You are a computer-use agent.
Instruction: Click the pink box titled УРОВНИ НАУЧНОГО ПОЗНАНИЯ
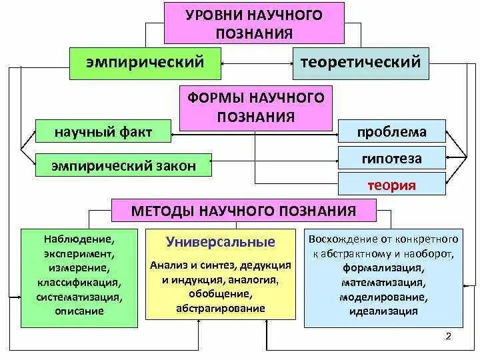(254, 23)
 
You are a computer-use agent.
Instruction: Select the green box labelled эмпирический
(145, 63)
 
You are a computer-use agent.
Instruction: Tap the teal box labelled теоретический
(361, 63)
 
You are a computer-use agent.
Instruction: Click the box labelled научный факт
(103, 133)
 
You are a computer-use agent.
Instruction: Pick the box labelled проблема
(391, 132)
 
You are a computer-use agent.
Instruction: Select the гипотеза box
(391, 159)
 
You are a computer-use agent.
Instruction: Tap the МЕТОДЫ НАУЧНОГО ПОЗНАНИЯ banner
(244, 211)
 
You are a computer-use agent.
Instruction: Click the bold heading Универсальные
(221, 241)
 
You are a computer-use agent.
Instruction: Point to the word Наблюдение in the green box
(79, 237)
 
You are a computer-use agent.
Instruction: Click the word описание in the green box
(79, 311)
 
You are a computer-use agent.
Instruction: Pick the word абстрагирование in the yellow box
(221, 309)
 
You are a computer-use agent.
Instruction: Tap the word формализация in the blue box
(383, 267)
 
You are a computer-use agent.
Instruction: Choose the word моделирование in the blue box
(383, 297)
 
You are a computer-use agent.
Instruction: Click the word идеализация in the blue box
(383, 311)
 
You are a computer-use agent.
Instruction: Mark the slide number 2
(448, 336)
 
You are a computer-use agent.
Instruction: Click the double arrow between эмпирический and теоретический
(257, 63)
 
